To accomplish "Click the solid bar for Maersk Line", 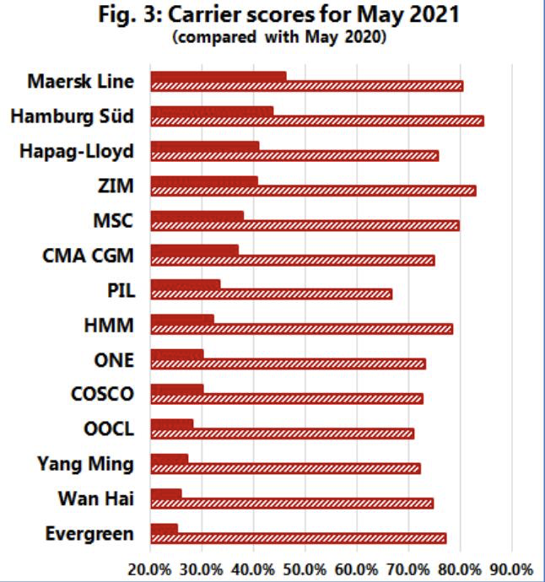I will point(219,77).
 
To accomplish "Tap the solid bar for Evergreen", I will point(164,529).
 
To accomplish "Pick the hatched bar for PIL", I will point(271,294).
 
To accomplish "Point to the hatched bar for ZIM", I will point(313,191).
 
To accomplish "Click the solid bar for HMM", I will point(182,320).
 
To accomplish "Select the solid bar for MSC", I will point(197,215).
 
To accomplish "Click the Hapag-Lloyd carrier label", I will point(88,151).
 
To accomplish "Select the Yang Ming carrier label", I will point(85,463).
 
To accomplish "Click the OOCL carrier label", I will point(108,428).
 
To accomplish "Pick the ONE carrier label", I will point(113,359).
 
